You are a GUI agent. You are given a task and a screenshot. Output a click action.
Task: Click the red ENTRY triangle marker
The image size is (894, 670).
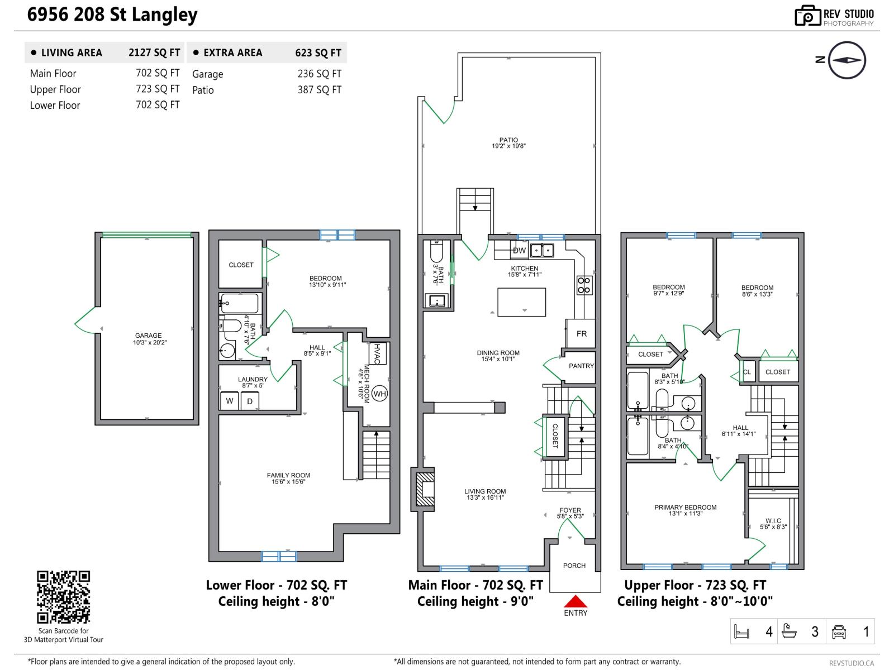tap(576, 601)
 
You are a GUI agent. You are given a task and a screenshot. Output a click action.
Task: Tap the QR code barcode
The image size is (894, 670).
tap(63, 597)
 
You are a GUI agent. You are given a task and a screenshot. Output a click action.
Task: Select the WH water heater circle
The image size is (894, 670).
tap(379, 394)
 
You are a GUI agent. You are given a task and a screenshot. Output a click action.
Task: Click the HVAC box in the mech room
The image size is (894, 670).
tap(377, 353)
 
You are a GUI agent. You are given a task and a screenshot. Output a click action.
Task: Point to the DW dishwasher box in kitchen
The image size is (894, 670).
tap(519, 250)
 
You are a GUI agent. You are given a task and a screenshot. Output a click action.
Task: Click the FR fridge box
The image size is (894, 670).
tap(581, 333)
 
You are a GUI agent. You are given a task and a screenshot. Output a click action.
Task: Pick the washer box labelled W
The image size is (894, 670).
tap(230, 401)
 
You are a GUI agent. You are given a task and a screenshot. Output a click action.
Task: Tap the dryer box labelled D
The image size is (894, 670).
tap(250, 401)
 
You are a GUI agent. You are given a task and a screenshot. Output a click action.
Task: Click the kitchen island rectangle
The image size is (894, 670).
tap(521, 302)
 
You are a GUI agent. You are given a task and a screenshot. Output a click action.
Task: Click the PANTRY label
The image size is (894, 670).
tap(581, 366)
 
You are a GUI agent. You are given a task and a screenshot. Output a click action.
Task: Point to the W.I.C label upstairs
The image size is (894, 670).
tap(773, 520)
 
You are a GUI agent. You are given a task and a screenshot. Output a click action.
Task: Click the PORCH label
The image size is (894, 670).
tap(574, 566)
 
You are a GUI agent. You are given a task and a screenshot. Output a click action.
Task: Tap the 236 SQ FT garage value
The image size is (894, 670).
tap(319, 74)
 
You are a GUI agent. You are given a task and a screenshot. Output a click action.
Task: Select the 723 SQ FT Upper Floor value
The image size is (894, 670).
tap(158, 89)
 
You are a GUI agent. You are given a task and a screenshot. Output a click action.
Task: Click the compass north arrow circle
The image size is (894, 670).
tap(847, 60)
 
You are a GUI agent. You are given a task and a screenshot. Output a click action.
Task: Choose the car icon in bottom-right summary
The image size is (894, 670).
tap(839, 631)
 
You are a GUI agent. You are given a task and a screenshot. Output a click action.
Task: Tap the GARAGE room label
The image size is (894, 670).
tap(148, 336)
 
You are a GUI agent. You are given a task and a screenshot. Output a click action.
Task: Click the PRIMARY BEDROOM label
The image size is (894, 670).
tap(685, 508)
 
